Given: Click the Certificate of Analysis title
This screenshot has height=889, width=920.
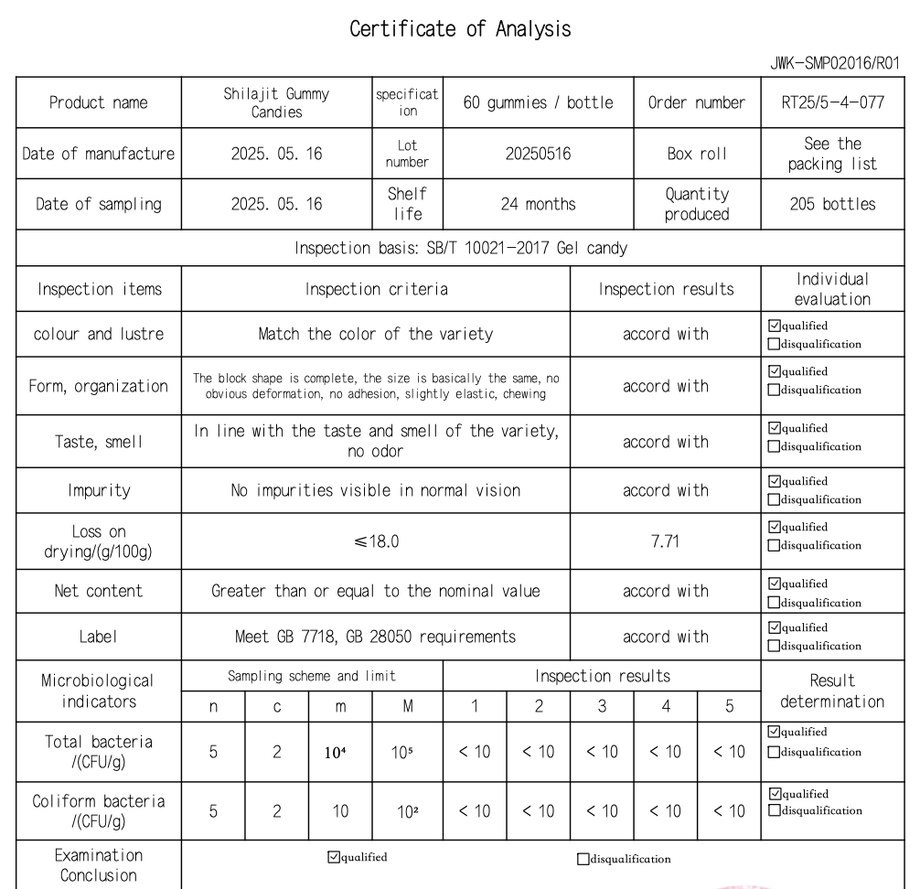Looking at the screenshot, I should (x=460, y=29).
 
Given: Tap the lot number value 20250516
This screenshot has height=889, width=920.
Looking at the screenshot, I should (x=538, y=155).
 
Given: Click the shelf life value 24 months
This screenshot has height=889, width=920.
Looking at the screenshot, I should (x=538, y=204).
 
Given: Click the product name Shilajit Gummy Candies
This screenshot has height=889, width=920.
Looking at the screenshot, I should (x=276, y=102).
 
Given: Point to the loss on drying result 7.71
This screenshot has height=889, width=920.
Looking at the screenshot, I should (x=666, y=541).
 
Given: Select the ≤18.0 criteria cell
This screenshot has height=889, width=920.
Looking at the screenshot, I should (x=375, y=541).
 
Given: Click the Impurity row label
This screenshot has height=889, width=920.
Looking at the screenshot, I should (x=99, y=490).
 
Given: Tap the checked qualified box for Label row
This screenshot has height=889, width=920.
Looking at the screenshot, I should (x=775, y=628).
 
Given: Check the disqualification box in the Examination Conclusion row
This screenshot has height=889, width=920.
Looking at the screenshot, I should (x=583, y=859).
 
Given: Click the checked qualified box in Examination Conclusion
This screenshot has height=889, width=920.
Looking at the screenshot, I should (x=333, y=857).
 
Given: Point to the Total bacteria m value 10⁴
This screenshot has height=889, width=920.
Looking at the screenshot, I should (x=340, y=755).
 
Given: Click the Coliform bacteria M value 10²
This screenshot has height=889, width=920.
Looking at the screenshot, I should (x=407, y=810).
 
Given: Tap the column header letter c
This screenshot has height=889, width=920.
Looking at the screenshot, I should (x=276, y=706).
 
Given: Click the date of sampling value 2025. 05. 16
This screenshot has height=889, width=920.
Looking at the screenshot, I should (x=276, y=204).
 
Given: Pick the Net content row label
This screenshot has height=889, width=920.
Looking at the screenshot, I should (x=99, y=591).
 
